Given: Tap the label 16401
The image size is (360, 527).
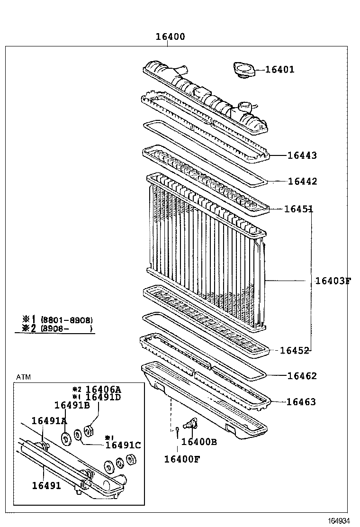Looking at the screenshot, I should click(279, 70).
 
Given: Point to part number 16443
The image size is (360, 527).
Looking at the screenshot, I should click(302, 155).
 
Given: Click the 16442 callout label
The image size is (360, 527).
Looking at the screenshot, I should click(302, 182).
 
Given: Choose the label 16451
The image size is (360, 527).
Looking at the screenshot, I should click(298, 209).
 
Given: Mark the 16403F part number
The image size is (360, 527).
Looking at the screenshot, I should click(333, 281).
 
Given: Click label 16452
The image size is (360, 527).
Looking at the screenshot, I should click(294, 351).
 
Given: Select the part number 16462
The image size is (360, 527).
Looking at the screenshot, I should click(302, 376).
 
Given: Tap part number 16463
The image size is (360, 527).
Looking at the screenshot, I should click(301, 402).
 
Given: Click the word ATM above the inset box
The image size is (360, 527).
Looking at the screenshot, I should click(23, 377).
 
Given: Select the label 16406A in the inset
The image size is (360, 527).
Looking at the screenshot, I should click(103, 390).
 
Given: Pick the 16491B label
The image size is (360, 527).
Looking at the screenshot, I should click(72, 405).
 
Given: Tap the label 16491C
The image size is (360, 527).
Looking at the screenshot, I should click(123, 445).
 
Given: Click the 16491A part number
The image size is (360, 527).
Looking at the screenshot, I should click(49, 421).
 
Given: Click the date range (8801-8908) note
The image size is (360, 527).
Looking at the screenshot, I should click(67, 320).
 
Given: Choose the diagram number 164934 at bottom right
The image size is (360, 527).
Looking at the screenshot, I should click(340, 520).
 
